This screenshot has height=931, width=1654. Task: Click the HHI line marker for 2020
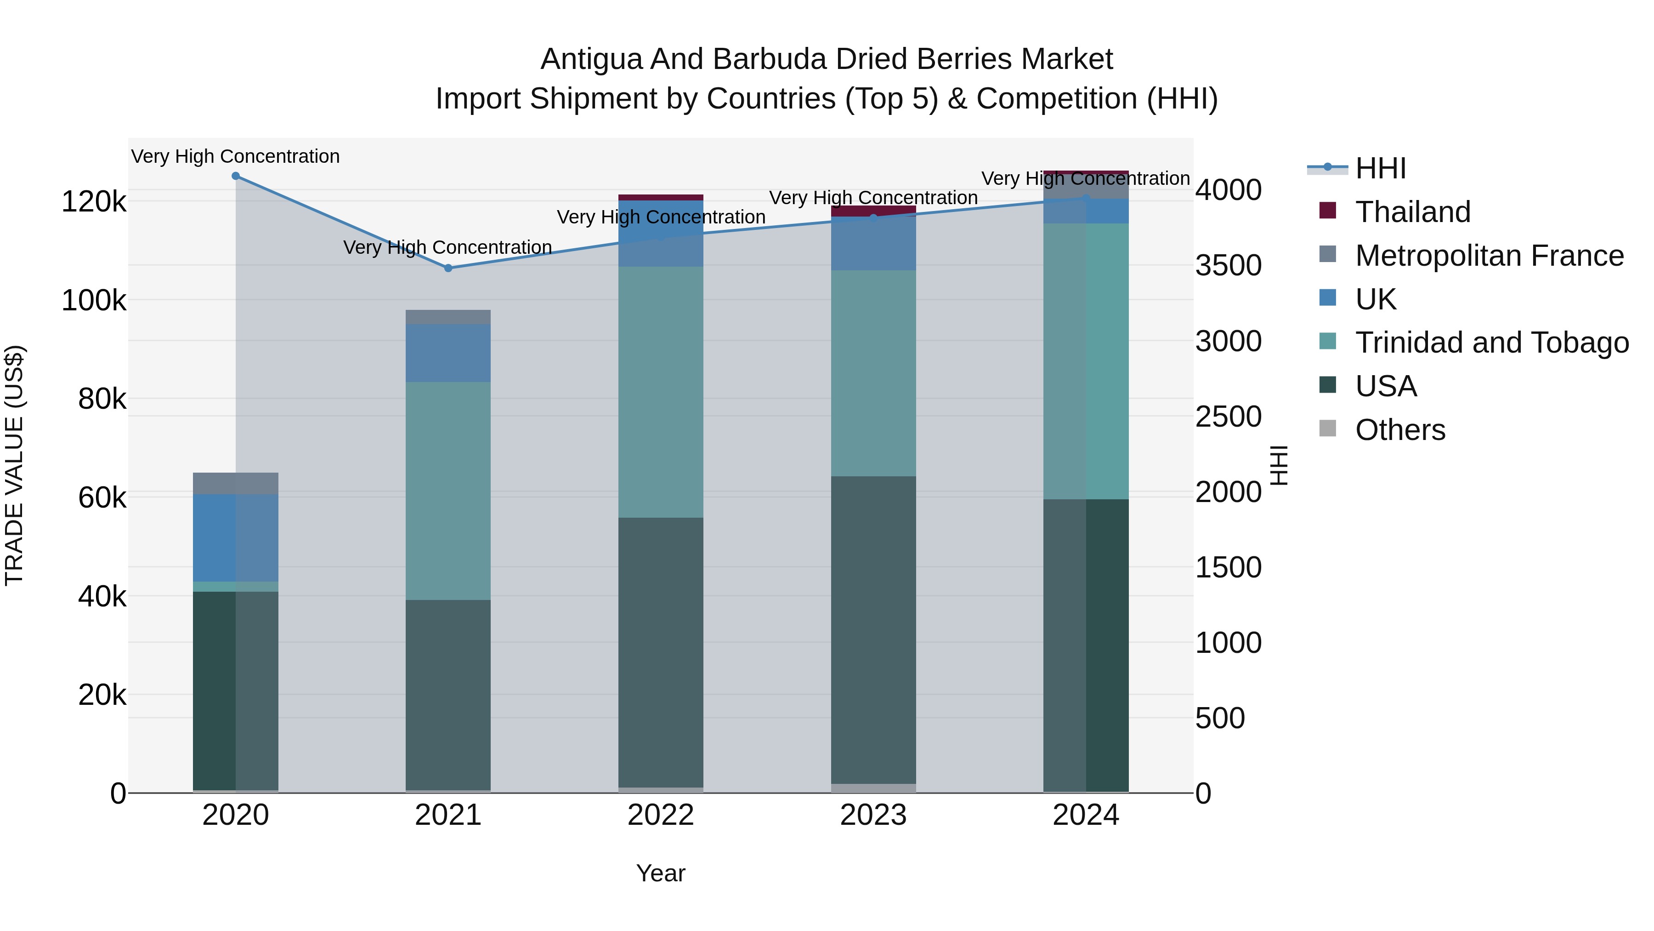point(236,176)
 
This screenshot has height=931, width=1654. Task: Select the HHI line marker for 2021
point(448,268)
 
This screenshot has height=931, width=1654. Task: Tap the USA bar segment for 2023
point(873,630)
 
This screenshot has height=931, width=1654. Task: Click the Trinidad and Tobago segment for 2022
point(661,392)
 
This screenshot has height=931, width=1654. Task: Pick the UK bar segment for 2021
point(448,354)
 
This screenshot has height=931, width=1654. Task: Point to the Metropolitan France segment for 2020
point(236,483)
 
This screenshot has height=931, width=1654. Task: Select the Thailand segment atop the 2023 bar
point(873,210)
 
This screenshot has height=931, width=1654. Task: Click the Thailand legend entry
point(1413,212)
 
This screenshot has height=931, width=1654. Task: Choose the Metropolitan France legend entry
point(1489,256)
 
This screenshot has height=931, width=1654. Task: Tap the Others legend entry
point(1400,430)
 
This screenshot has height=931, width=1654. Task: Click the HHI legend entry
point(1381,168)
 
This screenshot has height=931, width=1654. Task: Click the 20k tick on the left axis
point(102,695)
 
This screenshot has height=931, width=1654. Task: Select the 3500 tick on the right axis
point(1228,265)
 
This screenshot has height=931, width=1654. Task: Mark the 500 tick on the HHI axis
point(1220,718)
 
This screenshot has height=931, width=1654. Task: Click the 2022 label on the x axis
point(661,815)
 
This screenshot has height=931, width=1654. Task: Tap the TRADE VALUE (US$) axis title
point(14,465)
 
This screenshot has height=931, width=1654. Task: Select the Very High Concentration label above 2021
point(447,247)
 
